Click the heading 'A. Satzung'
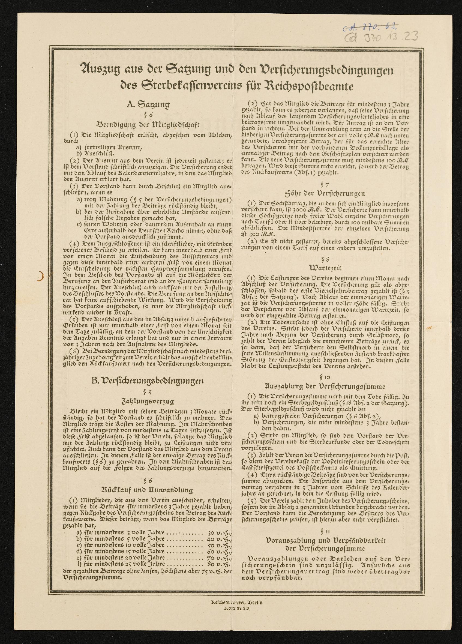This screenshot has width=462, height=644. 148,105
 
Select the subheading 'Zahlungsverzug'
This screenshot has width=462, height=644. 148,401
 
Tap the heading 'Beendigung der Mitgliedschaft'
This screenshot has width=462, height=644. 148,124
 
